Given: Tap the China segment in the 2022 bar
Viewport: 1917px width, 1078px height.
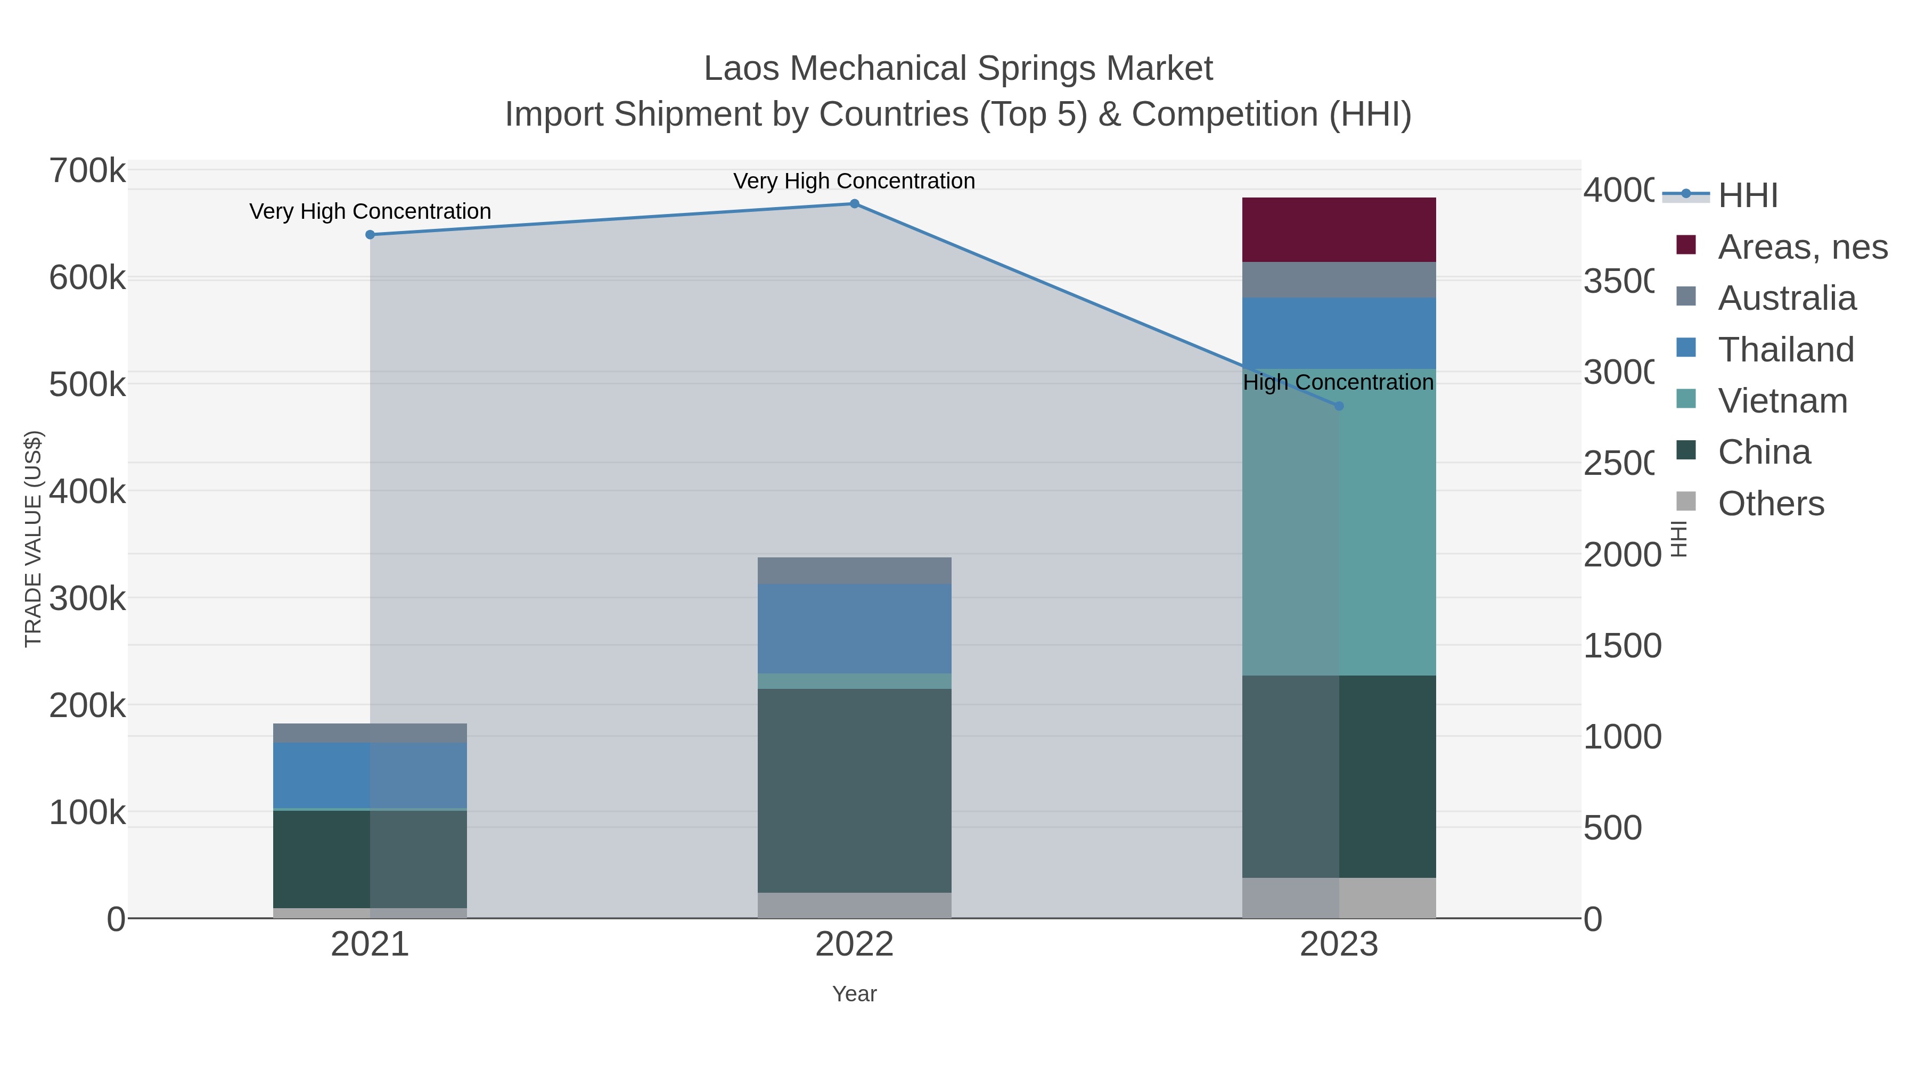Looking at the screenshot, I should point(854,790).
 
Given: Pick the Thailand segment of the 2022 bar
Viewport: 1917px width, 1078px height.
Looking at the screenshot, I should point(854,628).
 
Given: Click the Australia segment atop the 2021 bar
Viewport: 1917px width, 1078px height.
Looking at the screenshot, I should point(370,733).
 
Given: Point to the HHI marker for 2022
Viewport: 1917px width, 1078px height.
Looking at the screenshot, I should point(854,204).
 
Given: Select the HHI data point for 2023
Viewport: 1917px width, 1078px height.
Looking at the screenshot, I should point(1338,406).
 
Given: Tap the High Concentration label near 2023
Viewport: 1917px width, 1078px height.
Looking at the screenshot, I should point(1337,382).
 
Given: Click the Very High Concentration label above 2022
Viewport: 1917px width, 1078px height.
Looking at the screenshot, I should point(854,181).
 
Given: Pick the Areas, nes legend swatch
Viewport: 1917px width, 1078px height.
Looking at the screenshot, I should point(1685,245).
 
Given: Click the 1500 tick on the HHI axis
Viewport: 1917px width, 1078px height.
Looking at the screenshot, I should point(1621,646).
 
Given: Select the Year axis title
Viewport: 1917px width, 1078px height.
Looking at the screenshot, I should point(854,994).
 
